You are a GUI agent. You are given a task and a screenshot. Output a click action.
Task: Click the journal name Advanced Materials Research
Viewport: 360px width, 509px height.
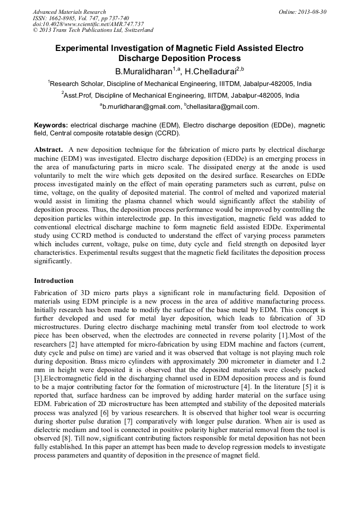69,12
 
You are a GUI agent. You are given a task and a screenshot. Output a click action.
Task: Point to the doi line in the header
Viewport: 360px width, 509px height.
88,24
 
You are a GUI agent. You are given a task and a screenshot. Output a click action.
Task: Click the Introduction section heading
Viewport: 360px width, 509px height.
54,280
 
